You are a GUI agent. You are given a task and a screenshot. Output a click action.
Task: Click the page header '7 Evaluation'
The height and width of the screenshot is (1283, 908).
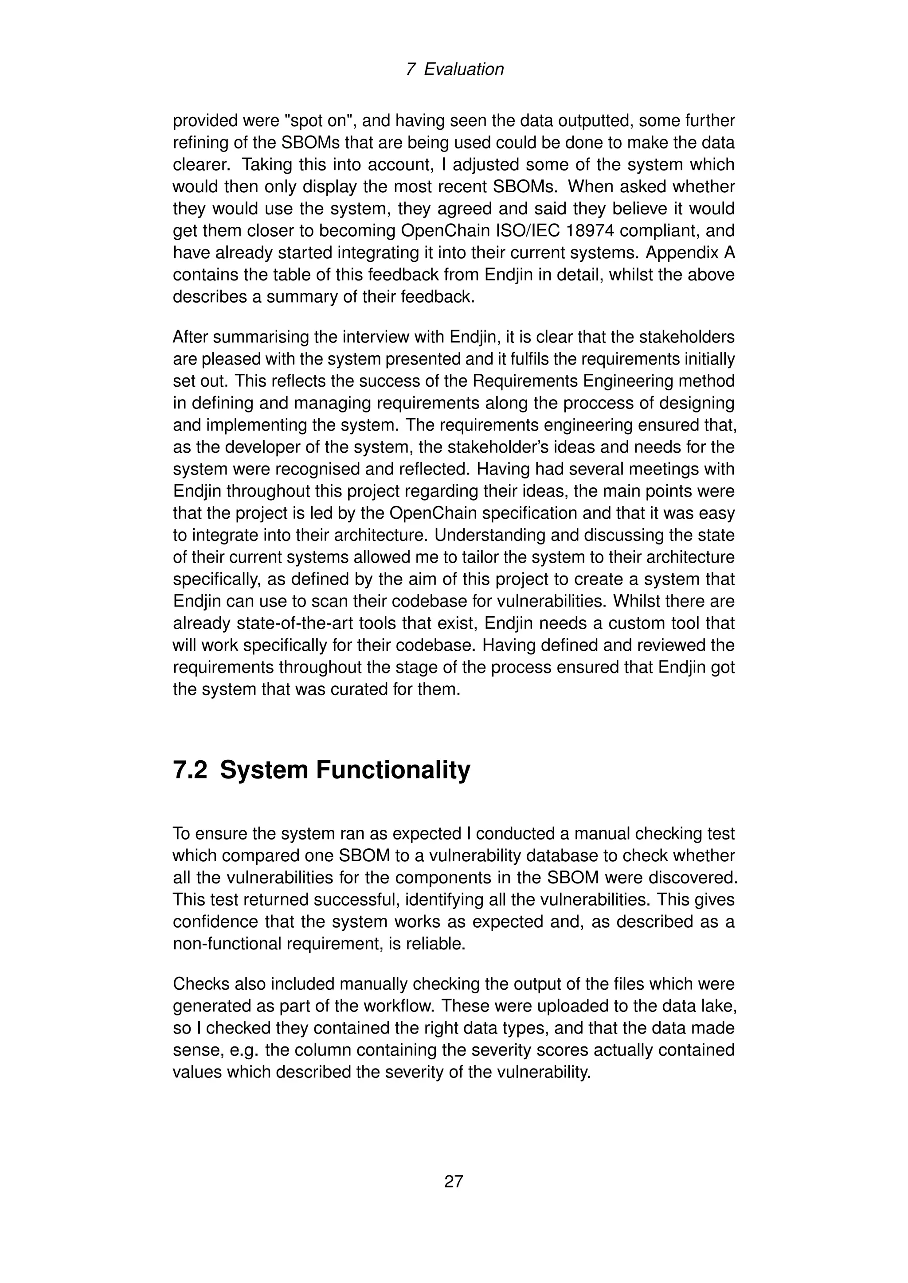pyautogui.click(x=454, y=69)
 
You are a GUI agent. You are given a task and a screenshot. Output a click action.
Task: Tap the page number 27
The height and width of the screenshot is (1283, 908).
pyautogui.click(x=454, y=1181)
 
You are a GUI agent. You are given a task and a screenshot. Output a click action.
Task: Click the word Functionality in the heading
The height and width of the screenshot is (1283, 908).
pyautogui.click(x=393, y=770)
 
